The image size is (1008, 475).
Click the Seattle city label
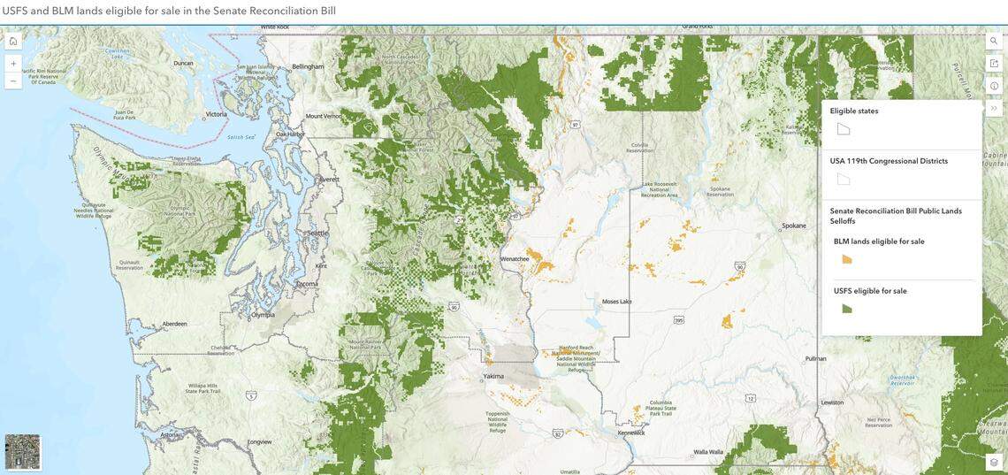point(317,233)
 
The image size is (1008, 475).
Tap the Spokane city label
point(794,226)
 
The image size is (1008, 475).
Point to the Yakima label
point(494,376)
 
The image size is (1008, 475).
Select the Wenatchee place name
point(515,258)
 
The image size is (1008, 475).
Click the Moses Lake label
point(616,302)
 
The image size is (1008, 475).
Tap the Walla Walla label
point(708,451)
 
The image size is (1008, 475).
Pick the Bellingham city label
point(309,66)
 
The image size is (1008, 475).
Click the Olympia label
point(263,314)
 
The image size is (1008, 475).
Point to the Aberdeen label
point(174,324)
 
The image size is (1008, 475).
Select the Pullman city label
point(815,358)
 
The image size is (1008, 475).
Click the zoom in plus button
point(13,64)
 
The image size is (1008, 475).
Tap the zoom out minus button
point(13,80)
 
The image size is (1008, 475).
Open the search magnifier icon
point(994,41)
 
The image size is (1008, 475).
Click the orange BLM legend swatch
point(847,259)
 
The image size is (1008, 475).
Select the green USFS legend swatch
point(847,309)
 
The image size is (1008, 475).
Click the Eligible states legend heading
point(854,111)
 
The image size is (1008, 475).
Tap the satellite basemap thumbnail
point(22,451)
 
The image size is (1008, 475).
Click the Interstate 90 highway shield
point(454,307)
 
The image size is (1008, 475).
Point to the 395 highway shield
point(678,319)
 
